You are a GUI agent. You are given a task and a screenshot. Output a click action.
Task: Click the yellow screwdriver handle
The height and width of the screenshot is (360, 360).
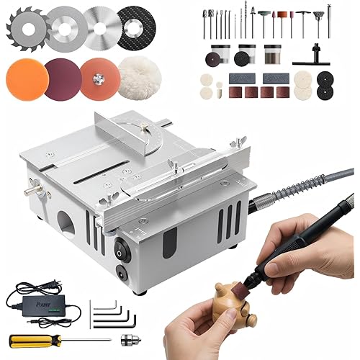pos(27,338)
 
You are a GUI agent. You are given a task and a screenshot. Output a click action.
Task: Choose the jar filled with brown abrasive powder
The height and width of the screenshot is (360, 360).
pos(273,55)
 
